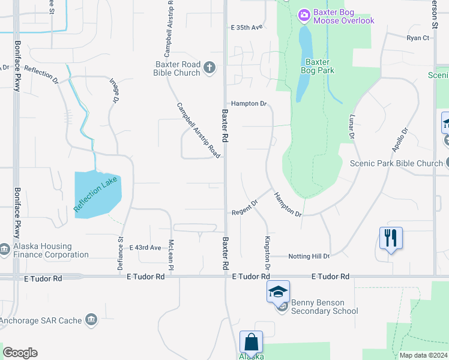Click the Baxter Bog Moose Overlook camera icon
coord(304,14)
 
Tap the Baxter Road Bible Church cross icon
coord(209,67)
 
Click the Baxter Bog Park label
coord(317,65)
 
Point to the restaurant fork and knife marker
coord(391,238)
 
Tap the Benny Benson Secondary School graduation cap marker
coord(279,292)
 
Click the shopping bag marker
coord(251,342)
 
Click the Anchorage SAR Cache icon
coord(91,320)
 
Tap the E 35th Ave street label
coord(247,28)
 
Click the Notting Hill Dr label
coord(309,256)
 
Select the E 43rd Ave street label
coord(145,247)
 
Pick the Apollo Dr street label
coord(399,139)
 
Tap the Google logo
coord(20,353)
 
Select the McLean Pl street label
coord(171,254)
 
